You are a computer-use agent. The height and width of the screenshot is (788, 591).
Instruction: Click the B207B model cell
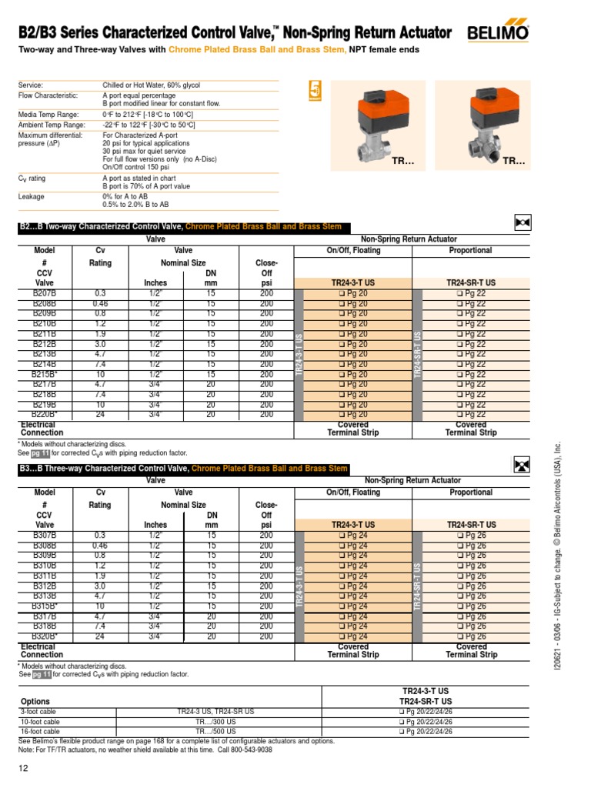[44, 294]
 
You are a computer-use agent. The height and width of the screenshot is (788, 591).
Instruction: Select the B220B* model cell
[45, 414]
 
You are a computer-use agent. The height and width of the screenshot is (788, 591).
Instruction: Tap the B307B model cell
[44, 536]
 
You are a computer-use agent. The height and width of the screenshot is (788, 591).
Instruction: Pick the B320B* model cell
[45, 636]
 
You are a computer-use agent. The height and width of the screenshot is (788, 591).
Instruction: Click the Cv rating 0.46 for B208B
[100, 304]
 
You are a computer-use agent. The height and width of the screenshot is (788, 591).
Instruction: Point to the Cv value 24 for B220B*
[100, 414]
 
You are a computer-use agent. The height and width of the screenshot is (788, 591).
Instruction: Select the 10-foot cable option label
[39, 722]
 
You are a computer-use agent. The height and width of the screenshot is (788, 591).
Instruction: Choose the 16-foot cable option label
[39, 731]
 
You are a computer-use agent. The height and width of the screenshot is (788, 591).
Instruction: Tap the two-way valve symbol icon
[523, 223]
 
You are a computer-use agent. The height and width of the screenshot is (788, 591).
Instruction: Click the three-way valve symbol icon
[523, 465]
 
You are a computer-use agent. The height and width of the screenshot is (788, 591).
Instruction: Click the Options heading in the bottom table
[35, 702]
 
